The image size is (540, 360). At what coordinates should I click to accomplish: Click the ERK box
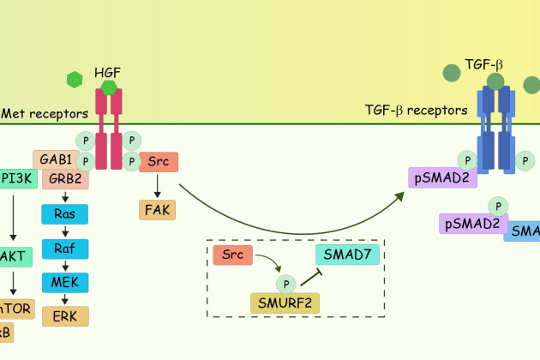pyautogui.click(x=64, y=315)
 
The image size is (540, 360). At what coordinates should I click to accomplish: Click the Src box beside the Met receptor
pyautogui.click(x=159, y=162)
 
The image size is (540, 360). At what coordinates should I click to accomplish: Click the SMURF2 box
pyautogui.click(x=285, y=303)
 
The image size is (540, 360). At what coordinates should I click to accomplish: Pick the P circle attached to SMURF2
pyautogui.click(x=284, y=281)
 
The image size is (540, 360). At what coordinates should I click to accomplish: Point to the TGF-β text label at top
pyautogui.click(x=483, y=64)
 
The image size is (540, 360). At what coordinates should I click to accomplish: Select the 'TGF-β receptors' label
pyautogui.click(x=416, y=110)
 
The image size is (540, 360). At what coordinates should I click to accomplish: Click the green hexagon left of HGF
pyautogui.click(x=75, y=80)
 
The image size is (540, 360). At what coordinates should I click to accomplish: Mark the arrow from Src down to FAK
pyautogui.click(x=159, y=185)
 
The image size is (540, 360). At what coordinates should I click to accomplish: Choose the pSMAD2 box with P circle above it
pyautogui.click(x=470, y=224)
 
